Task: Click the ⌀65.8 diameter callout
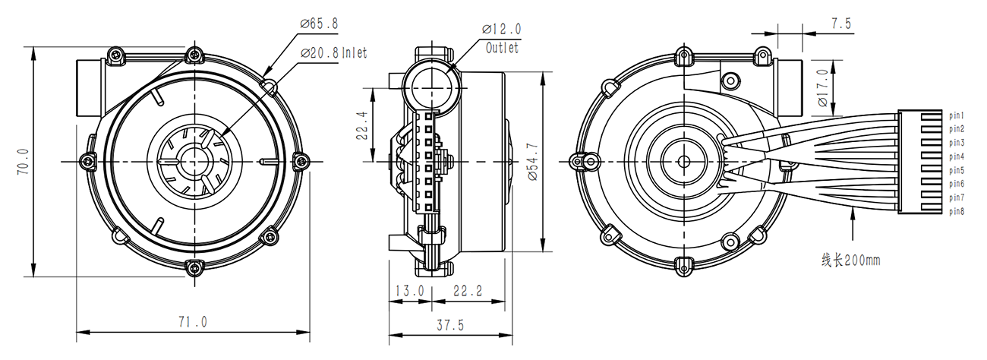319,24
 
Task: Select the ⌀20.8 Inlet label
333,53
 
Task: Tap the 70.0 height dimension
24,162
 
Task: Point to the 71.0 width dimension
193,322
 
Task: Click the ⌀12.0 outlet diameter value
502,29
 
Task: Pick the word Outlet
502,48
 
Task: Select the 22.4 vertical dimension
361,125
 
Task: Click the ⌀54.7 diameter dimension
532,162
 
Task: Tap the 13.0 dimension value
410,291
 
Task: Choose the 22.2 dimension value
468,291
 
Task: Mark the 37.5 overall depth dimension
450,325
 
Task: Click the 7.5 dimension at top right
841,24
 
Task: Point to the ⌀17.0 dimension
823,87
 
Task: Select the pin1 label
957,115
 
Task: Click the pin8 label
957,211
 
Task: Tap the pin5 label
957,171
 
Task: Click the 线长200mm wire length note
850,260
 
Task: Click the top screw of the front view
194,55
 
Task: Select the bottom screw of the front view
194,267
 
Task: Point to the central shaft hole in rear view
684,162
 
